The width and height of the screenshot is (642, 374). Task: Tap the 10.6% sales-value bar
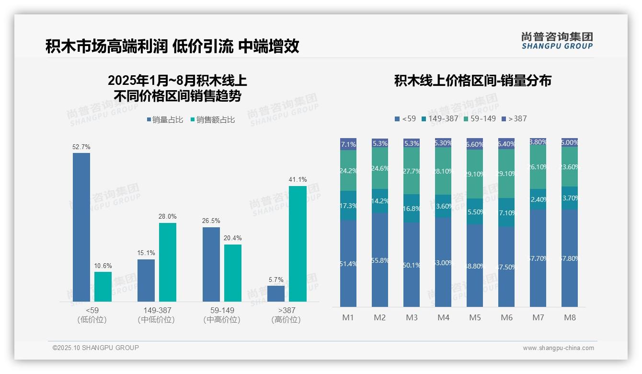click(103, 287)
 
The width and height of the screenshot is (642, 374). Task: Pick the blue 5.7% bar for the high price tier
click(276, 293)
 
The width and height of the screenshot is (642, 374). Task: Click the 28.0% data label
click(168, 217)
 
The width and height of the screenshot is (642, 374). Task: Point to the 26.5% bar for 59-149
click(211, 264)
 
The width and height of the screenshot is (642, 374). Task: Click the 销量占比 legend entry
click(165, 120)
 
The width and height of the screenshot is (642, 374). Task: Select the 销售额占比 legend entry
click(213, 120)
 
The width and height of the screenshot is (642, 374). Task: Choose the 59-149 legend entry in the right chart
click(479, 118)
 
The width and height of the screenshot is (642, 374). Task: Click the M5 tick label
click(475, 317)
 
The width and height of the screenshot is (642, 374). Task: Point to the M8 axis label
click(570, 317)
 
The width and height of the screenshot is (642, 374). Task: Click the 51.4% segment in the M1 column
click(348, 263)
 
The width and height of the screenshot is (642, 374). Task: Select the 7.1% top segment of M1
click(348, 144)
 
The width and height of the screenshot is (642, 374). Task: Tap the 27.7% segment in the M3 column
click(412, 171)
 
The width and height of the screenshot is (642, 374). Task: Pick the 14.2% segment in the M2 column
click(380, 201)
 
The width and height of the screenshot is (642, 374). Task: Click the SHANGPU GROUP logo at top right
click(557, 41)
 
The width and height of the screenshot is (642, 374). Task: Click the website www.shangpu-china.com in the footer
click(558, 348)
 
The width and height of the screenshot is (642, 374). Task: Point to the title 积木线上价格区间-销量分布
click(472, 81)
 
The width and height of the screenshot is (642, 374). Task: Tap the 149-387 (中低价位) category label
click(156, 315)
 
